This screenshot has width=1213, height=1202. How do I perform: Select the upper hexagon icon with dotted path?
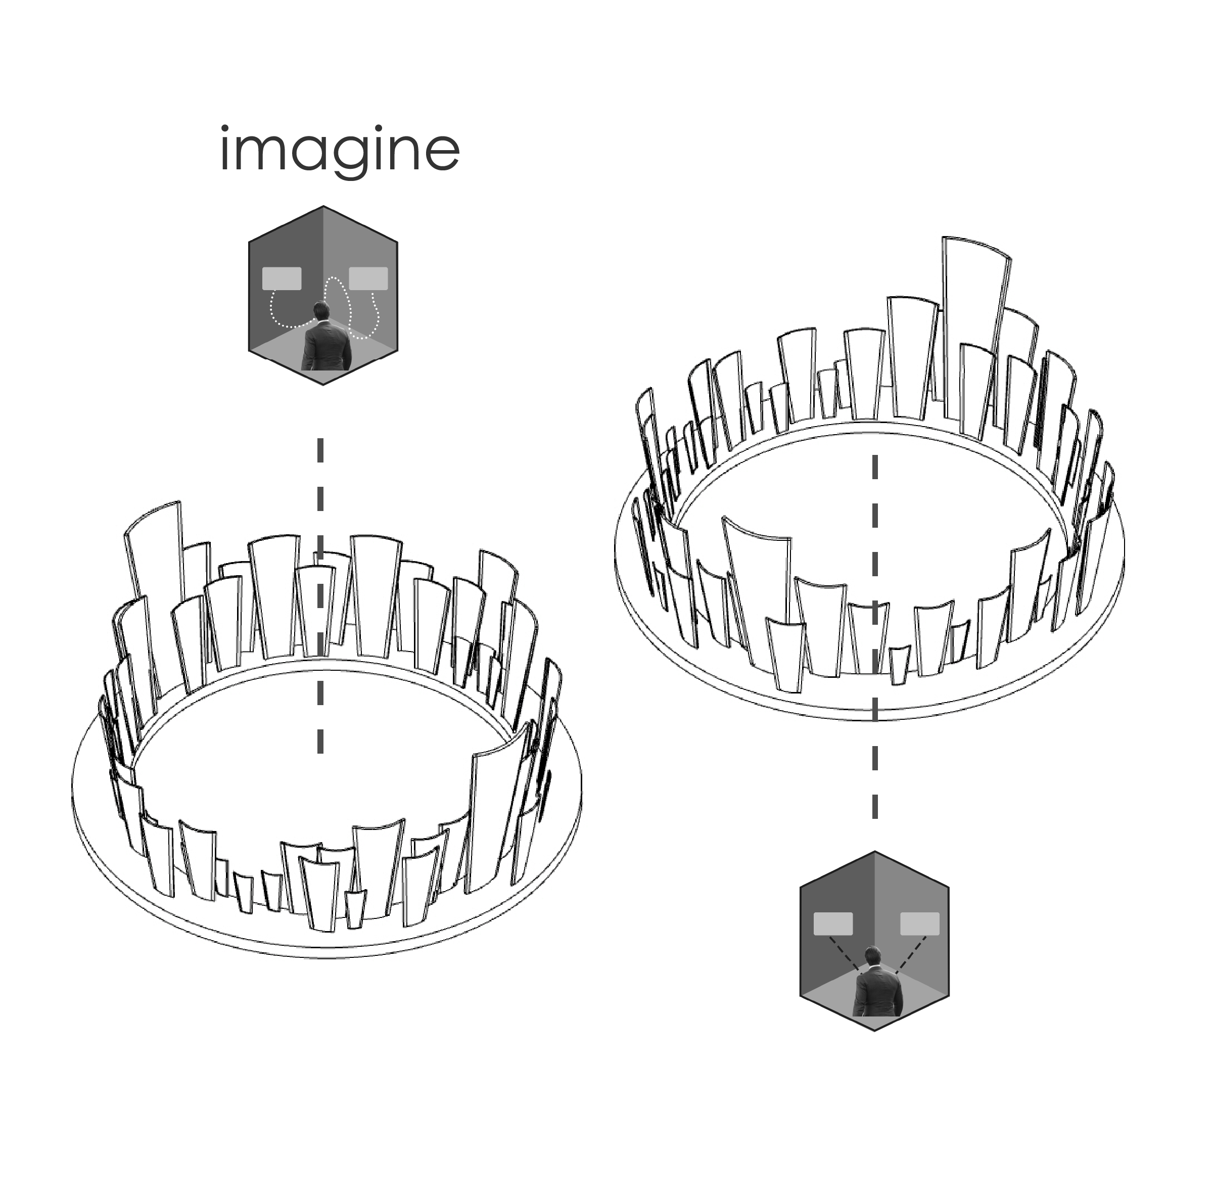323,295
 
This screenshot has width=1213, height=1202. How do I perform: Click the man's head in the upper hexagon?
322,310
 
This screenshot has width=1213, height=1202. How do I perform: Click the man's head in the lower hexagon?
873,956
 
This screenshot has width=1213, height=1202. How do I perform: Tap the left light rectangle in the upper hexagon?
282,278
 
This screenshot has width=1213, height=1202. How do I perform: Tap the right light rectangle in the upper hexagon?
368,278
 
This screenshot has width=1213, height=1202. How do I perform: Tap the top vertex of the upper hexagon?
323,206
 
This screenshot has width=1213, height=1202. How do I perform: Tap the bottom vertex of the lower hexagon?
874,1031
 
